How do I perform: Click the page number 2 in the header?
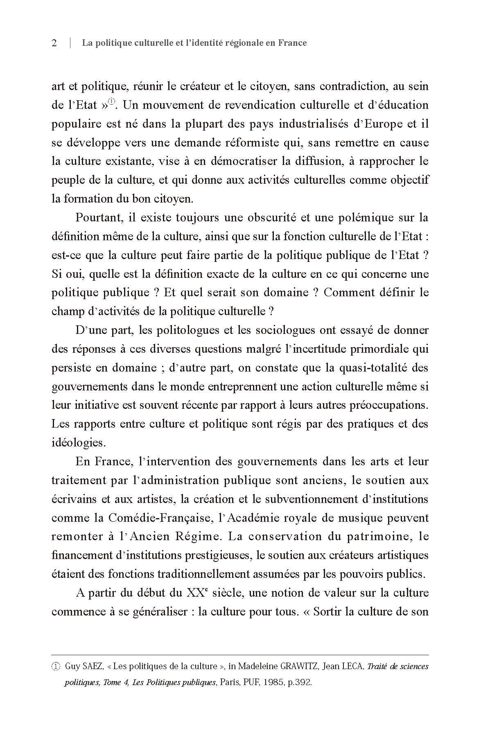click(54, 43)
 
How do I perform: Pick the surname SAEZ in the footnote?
click(93, 666)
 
